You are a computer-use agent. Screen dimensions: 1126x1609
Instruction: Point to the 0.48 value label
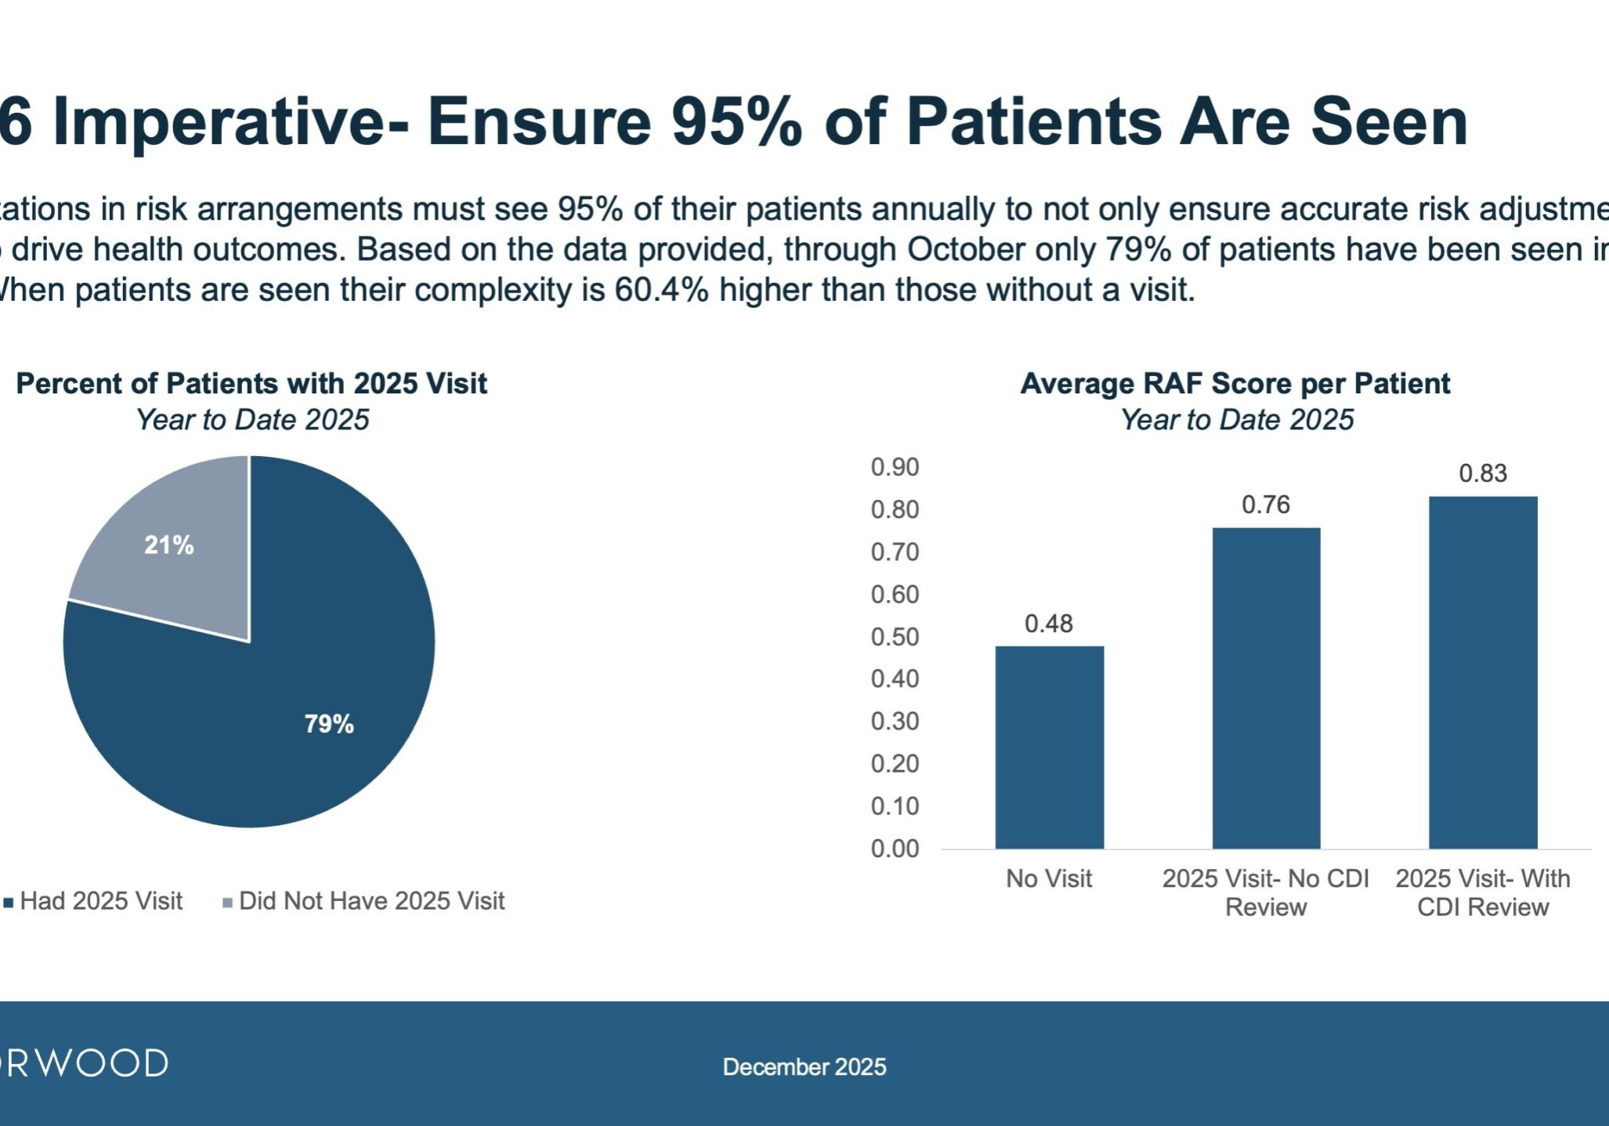(1048, 624)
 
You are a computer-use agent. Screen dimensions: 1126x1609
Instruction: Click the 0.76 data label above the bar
(1265, 505)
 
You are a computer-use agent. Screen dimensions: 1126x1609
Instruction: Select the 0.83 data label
(1482, 473)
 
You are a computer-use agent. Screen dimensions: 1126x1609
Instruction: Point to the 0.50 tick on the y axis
(895, 637)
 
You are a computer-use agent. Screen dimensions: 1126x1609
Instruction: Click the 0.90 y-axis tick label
(895, 467)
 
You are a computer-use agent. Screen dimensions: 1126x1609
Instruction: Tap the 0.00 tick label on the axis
(895, 849)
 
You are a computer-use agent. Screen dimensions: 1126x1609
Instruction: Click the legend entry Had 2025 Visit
(101, 901)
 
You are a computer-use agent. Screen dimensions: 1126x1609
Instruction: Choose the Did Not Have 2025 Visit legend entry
(371, 901)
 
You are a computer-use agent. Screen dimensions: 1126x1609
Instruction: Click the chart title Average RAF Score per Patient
(1235, 384)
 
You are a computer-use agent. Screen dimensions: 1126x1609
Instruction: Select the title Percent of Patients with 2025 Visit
(251, 384)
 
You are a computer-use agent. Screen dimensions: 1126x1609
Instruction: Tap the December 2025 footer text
(804, 1066)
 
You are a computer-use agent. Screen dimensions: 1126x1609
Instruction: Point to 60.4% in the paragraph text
(661, 290)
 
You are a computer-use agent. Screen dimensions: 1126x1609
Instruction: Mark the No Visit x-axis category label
(1048, 878)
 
